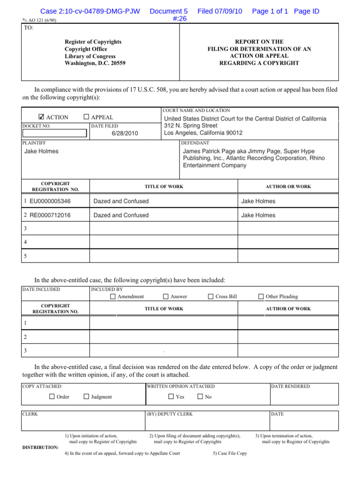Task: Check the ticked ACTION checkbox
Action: pyautogui.click(x=41, y=117)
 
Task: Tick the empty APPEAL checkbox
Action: pyautogui.click(x=86, y=117)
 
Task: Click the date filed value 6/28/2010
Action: pyautogui.click(x=125, y=133)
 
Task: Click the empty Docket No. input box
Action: pyautogui.click(x=55, y=133)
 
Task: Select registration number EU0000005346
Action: pyautogui.click(x=50, y=201)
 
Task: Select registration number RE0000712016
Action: pyautogui.click(x=50, y=215)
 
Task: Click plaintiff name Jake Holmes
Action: pyautogui.click(x=41, y=151)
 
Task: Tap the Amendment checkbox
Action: pyautogui.click(x=113, y=297)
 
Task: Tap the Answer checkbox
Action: pyautogui.click(x=166, y=297)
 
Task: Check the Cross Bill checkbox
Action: pyautogui.click(x=210, y=297)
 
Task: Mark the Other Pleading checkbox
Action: pyautogui.click(x=261, y=297)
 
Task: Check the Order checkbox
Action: pyautogui.click(x=52, y=397)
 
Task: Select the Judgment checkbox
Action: pyautogui.click(x=86, y=397)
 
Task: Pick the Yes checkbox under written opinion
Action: pyautogui.click(x=171, y=397)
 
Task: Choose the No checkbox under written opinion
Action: pyautogui.click(x=200, y=397)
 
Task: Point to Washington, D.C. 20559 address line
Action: pyautogui.click(x=95, y=63)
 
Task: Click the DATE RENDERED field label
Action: pyautogui.click(x=291, y=386)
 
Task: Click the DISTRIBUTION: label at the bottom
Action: pyautogui.click(x=40, y=447)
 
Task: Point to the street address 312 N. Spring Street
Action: pyautogui.click(x=190, y=126)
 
